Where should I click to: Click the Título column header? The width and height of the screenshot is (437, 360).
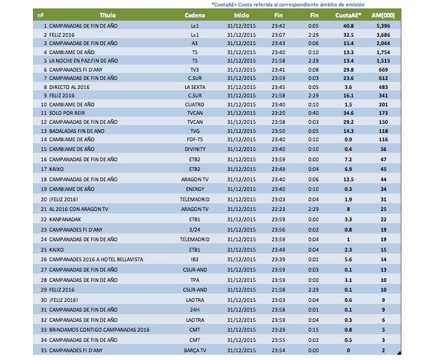click(x=107, y=14)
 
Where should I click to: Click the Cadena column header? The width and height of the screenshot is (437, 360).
click(x=194, y=14)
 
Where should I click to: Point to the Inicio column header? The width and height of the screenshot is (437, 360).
click(x=241, y=14)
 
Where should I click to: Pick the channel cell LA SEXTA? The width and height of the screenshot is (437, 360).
click(x=194, y=86)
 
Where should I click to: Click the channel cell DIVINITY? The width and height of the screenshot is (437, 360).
click(x=194, y=148)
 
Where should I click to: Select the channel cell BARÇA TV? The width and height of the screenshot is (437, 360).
click(x=194, y=350)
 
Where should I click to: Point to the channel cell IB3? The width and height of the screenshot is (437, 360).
click(x=194, y=259)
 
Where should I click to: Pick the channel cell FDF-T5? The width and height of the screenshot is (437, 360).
click(x=194, y=139)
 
